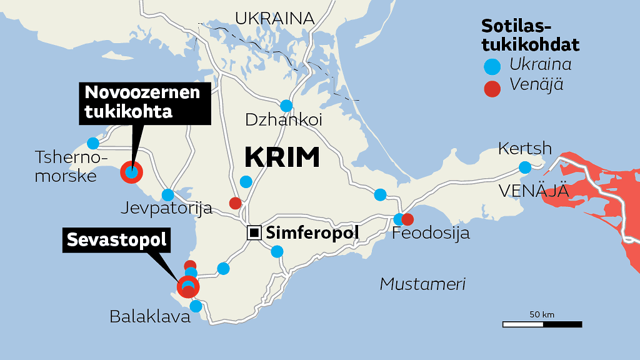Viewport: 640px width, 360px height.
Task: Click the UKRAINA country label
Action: click(x=274, y=17)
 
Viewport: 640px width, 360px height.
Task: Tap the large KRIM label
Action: click(x=282, y=157)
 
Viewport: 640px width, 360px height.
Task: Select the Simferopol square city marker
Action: click(x=254, y=233)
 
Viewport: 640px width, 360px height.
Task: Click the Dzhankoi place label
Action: click(x=284, y=120)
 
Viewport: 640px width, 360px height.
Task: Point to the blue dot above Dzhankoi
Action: click(x=286, y=106)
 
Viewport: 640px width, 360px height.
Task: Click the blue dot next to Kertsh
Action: click(x=525, y=167)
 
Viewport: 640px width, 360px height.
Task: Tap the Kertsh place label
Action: click(x=525, y=149)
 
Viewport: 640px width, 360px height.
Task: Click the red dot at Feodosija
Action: click(x=407, y=219)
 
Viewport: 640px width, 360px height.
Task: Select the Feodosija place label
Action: click(x=431, y=234)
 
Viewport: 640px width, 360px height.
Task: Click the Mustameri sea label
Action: click(x=423, y=284)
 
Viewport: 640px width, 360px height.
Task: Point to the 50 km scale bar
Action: click(x=542, y=324)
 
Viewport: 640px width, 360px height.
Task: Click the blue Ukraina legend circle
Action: click(x=492, y=65)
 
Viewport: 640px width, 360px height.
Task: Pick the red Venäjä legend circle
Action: click(x=492, y=88)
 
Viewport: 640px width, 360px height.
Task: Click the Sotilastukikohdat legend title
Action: click(x=529, y=35)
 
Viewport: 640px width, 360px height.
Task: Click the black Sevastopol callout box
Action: click(x=116, y=240)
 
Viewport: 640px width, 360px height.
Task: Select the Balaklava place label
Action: click(x=149, y=317)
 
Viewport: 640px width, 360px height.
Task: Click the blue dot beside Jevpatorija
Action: click(x=167, y=195)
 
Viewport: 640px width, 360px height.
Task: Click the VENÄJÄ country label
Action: click(x=534, y=191)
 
